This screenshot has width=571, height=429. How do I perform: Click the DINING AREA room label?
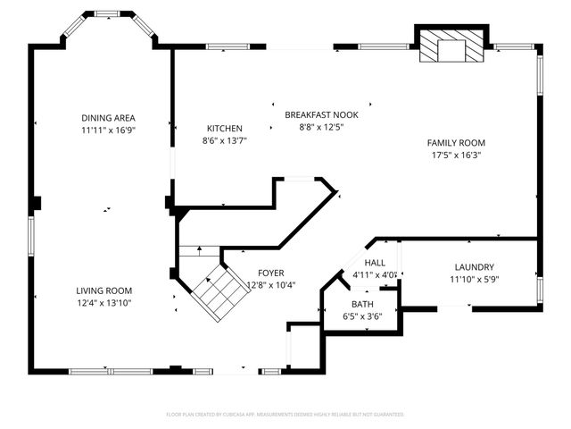(x=108, y=118)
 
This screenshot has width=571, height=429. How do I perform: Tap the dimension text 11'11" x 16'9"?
(x=108, y=130)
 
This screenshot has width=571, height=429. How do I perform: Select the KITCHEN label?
(x=225, y=129)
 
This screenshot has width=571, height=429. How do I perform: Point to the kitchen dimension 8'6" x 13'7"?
(x=225, y=140)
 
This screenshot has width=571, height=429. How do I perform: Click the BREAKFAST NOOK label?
(x=321, y=114)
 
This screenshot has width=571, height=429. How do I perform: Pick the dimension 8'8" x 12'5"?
(x=321, y=127)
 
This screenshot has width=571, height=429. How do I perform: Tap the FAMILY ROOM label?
(x=456, y=143)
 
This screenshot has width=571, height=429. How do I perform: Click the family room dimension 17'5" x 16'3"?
(x=456, y=155)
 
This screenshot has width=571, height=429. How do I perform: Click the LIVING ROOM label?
(x=104, y=290)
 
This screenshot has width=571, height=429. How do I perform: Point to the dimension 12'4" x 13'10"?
(x=104, y=303)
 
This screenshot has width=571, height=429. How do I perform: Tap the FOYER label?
(x=271, y=273)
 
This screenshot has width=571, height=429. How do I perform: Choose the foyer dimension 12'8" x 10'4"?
(x=271, y=285)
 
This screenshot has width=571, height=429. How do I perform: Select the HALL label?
(x=374, y=263)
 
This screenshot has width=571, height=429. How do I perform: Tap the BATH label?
(x=362, y=304)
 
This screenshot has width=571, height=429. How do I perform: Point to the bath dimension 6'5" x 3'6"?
(x=362, y=315)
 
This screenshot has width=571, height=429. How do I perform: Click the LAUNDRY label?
(x=475, y=267)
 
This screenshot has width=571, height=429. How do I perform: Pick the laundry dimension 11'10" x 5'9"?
(x=475, y=280)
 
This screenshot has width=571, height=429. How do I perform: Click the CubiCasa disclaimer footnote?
(x=285, y=414)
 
